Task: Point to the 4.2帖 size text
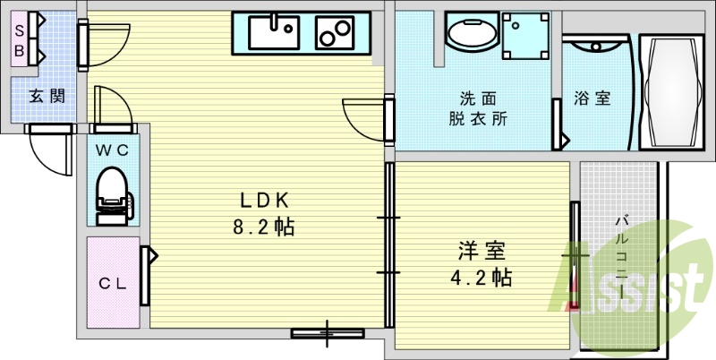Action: pos(481,279)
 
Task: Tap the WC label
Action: pos(114,150)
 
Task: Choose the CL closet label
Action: pos(113,285)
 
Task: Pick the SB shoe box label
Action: pos(18,39)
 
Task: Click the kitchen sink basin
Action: pos(274,34)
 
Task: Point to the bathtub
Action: pos(670,91)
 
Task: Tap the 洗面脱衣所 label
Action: pos(477,108)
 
